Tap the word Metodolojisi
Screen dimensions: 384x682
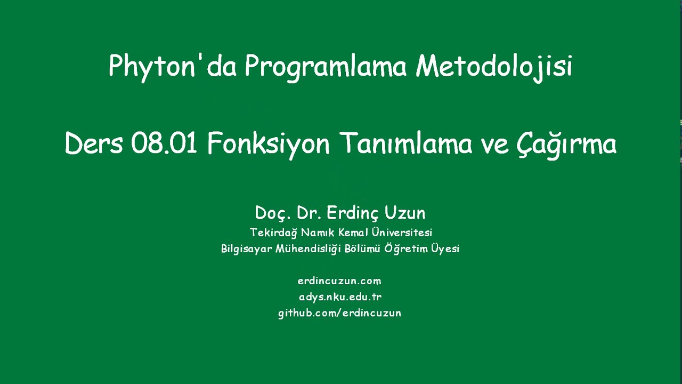pyautogui.click(x=494, y=67)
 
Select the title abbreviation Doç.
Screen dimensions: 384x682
pyautogui.click(x=273, y=213)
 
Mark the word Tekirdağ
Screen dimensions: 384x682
pyautogui.click(x=273, y=233)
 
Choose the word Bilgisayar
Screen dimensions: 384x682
pyautogui.click(x=246, y=249)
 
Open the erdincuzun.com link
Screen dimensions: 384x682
pyautogui.click(x=339, y=281)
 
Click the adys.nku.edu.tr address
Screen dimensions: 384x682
pyautogui.click(x=340, y=297)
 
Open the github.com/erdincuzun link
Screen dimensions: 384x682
pyautogui.click(x=339, y=313)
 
